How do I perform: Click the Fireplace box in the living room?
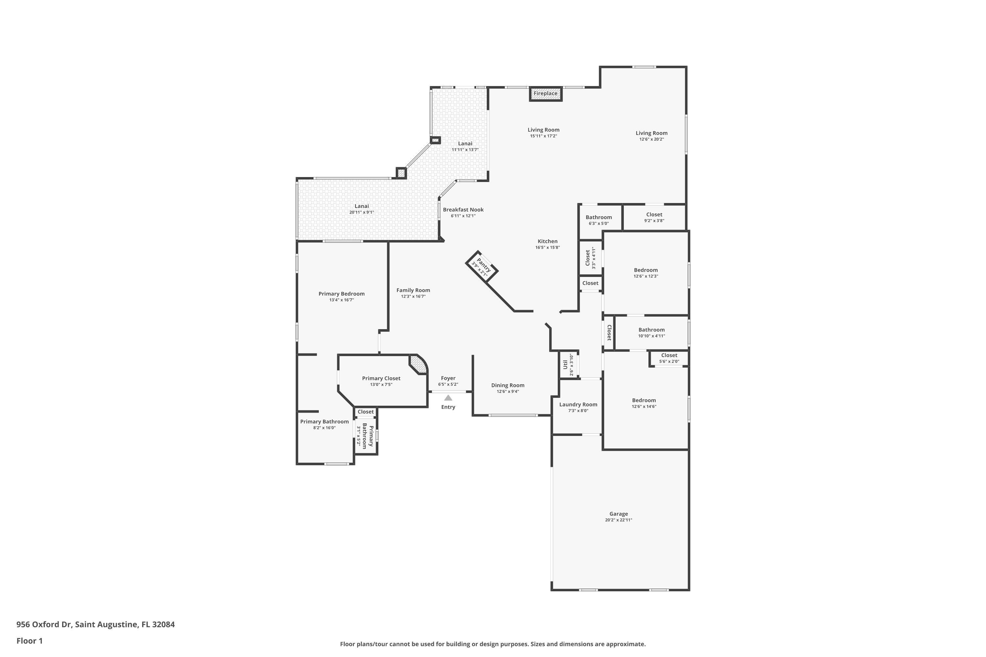click(545, 94)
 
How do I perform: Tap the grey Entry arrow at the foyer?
click(448, 397)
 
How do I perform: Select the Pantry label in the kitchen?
click(483, 265)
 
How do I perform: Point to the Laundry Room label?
click(578, 404)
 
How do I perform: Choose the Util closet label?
click(565, 364)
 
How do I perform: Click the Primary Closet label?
click(381, 378)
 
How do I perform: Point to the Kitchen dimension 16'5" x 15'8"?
click(548, 248)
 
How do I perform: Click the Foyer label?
click(448, 378)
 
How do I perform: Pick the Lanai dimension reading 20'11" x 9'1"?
click(362, 213)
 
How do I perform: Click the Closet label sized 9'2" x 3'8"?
click(654, 215)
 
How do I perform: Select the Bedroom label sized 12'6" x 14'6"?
click(644, 400)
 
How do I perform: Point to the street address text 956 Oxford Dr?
click(44, 624)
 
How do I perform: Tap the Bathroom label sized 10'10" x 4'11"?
click(651, 330)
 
